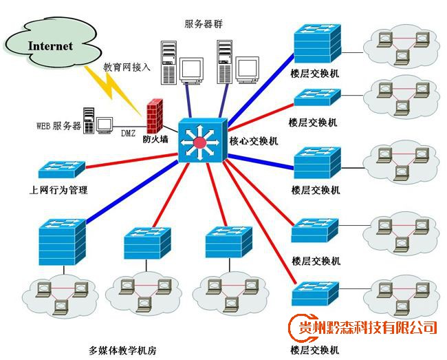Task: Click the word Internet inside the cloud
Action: pyautogui.click(x=50, y=46)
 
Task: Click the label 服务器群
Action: pyautogui.click(x=204, y=24)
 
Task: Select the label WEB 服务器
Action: pyautogui.click(x=58, y=127)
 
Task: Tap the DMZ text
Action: pyautogui.click(x=128, y=132)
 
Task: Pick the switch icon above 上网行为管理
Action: pyautogui.click(x=61, y=168)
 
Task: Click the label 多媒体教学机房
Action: pyautogui.click(x=123, y=350)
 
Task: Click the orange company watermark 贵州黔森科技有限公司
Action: pyautogui.click(x=364, y=327)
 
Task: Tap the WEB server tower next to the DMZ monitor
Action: pyautogui.click(x=88, y=121)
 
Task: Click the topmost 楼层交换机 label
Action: pyautogui.click(x=314, y=72)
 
